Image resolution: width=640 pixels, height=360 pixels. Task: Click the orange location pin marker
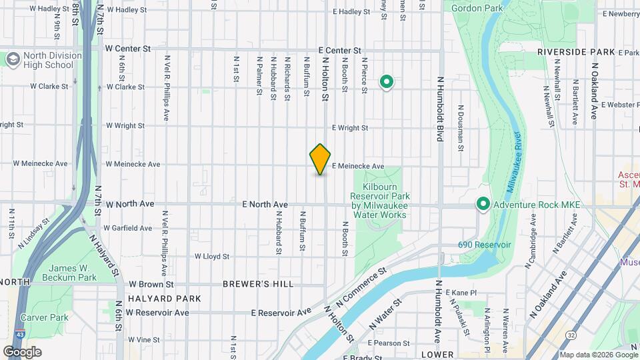point(320,159)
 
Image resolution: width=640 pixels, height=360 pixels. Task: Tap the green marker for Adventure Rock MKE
point(483,205)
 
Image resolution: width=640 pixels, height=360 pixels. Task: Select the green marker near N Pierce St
point(386,83)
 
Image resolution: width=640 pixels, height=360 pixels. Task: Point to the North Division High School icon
point(13,60)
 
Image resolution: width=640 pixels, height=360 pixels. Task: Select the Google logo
point(22,351)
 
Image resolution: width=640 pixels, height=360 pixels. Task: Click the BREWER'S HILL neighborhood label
point(258,284)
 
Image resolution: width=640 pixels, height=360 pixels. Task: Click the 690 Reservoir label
point(484,245)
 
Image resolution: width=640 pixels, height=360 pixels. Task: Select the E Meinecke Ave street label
point(357,166)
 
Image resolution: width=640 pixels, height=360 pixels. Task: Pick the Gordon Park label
point(477,9)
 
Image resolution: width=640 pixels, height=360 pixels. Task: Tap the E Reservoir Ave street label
point(281,312)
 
